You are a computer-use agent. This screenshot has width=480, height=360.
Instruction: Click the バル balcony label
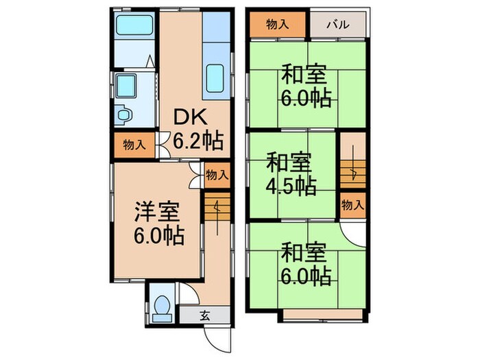tap(337, 25)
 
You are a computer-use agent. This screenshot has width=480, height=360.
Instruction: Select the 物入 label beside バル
tap(276, 25)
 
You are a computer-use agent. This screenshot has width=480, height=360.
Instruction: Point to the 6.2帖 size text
tap(197, 142)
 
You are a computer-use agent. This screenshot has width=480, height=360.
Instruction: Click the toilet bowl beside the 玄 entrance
tap(163, 306)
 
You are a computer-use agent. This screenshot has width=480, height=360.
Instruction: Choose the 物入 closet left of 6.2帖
tap(133, 145)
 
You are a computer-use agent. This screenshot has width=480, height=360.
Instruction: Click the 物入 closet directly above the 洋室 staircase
tap(217, 175)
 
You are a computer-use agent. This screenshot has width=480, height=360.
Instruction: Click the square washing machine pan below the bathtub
tap(127, 87)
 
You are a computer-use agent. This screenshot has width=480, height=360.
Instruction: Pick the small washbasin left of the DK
tap(124, 115)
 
